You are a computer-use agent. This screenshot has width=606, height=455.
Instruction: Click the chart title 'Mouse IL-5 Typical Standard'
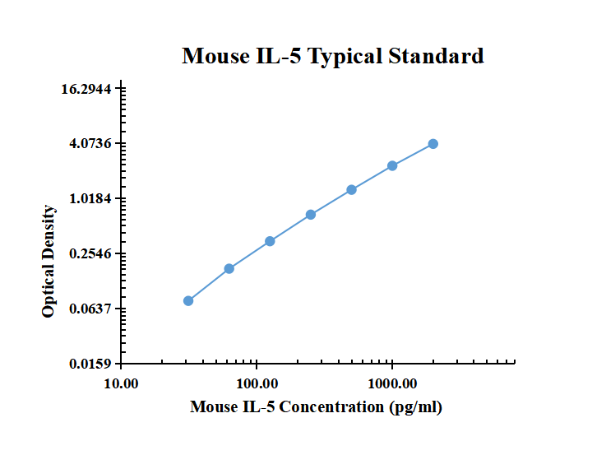332,56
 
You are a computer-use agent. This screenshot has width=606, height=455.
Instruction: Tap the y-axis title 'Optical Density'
49,262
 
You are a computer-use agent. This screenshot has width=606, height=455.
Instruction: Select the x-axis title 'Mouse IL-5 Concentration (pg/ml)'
316,406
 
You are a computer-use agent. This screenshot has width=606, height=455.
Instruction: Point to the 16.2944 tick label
90,89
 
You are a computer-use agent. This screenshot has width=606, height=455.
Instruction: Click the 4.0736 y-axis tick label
90,144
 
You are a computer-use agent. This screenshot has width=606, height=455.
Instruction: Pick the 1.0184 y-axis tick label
90,199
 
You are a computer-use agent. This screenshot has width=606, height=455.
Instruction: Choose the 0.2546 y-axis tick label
90,254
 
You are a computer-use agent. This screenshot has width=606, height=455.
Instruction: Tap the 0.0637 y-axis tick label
90,309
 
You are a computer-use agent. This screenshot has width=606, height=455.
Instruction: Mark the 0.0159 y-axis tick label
90,364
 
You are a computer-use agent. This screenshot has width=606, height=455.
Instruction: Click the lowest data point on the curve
188,301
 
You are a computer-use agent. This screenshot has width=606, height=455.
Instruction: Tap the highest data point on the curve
433,144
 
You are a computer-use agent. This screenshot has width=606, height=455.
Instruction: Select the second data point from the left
229,268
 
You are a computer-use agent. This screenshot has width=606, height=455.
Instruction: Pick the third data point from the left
270,241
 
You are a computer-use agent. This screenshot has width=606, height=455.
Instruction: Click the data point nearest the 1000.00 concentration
393,166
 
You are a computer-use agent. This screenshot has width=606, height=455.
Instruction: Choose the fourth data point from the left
311,215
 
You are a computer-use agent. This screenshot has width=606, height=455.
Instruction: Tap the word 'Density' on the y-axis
49,232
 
